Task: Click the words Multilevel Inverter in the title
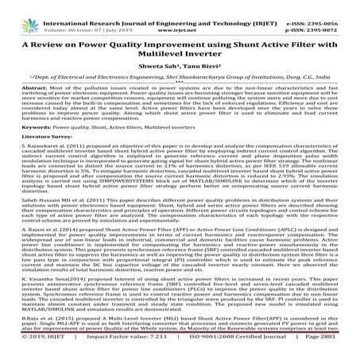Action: (x=180, y=55)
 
